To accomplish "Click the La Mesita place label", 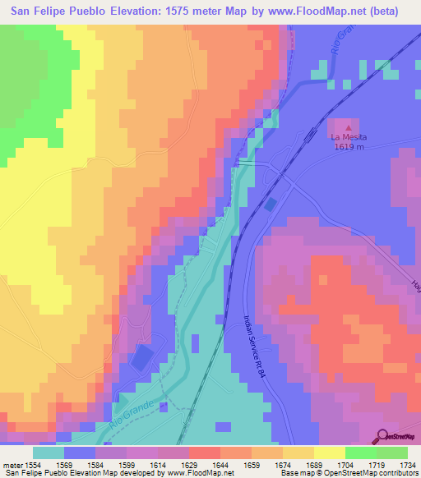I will coord(348,137).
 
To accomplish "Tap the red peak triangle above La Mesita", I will coord(348,127).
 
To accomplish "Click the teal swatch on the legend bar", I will coord(49,453).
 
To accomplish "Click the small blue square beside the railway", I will coord(271,204).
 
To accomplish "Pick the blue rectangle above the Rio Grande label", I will coord(142,357).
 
